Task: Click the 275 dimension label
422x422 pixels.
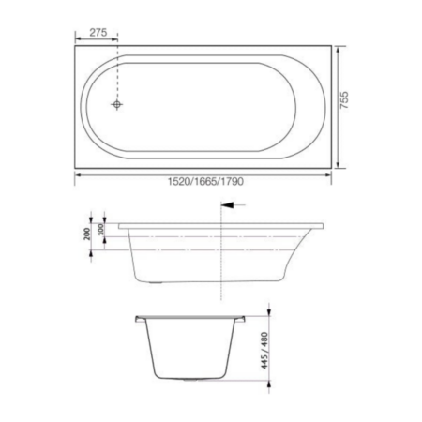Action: (98, 32)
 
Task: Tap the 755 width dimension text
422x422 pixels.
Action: (344, 100)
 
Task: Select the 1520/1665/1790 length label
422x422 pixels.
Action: (205, 181)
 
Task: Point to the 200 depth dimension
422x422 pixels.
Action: (87, 234)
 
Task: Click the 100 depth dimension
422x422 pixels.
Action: (101, 230)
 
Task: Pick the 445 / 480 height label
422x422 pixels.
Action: (264, 351)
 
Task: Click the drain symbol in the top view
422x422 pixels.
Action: (117, 104)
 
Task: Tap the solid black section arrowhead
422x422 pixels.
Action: (227, 205)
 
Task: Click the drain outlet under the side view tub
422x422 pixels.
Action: (156, 282)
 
